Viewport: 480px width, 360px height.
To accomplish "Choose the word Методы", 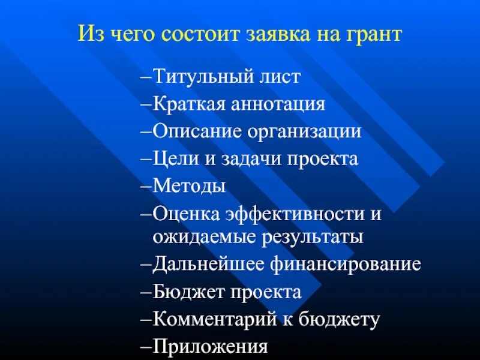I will click(189, 186).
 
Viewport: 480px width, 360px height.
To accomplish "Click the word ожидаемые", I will click(200, 236).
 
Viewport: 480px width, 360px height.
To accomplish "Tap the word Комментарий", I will click(209, 319).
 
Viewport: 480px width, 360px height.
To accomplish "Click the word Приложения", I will click(209, 346).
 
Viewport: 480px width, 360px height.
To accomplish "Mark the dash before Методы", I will click(148, 186).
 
